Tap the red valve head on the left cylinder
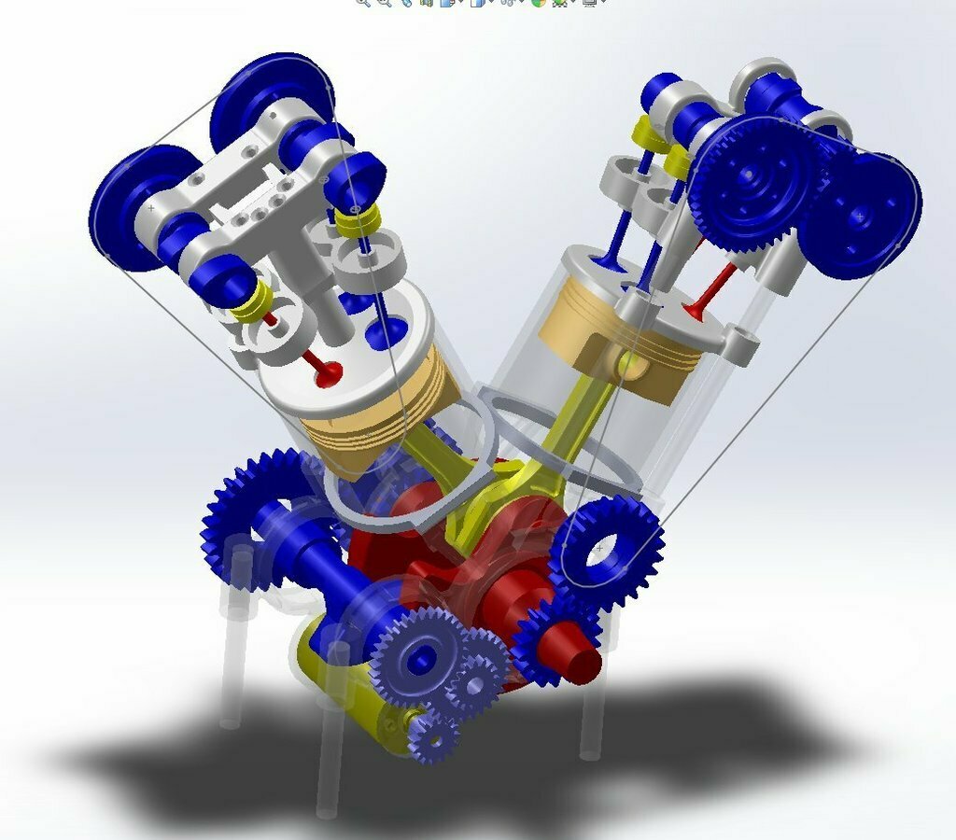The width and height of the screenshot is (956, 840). tap(328, 374)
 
